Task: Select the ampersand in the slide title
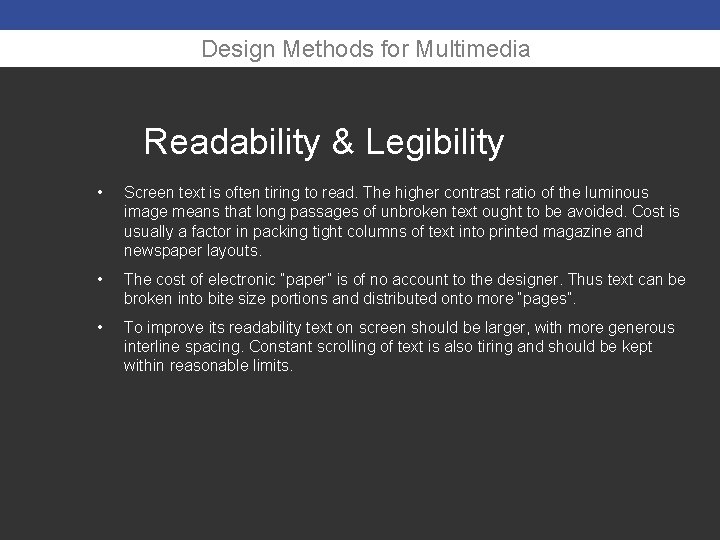[x=342, y=142]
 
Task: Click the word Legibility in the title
[x=435, y=142]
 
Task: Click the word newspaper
[x=161, y=251]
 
